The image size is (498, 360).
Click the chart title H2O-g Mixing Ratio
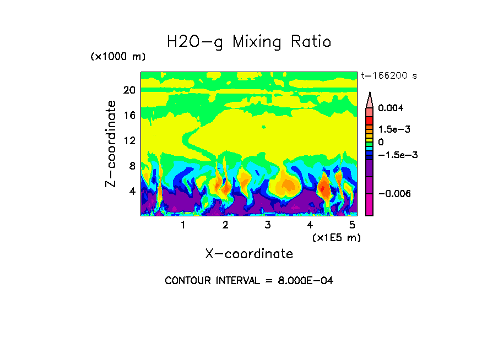click(x=249, y=42)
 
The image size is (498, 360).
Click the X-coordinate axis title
click(x=249, y=254)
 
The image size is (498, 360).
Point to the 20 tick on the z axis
click(x=129, y=90)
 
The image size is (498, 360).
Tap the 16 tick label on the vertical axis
click(x=129, y=116)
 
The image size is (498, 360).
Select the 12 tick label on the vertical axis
click(x=129, y=141)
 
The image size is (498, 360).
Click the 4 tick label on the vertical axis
click(x=132, y=192)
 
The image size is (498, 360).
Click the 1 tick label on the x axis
click(x=183, y=225)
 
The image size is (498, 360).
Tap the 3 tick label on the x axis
click(x=267, y=225)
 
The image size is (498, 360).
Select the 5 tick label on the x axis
click(x=352, y=225)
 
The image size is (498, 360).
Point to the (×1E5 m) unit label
click(x=336, y=237)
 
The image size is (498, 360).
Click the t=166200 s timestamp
click(x=388, y=75)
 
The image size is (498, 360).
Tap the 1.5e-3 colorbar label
click(x=394, y=129)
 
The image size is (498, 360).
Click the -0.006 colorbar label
click(x=395, y=194)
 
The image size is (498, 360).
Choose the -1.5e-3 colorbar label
click(x=398, y=155)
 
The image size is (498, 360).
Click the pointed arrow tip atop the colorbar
click(x=370, y=94)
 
